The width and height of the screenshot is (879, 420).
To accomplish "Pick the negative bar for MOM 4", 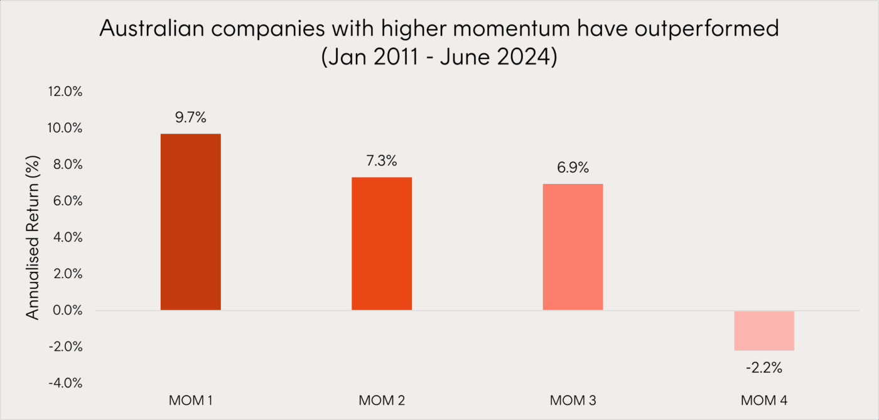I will click(x=763, y=330).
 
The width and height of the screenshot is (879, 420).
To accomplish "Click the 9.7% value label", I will click(x=190, y=117).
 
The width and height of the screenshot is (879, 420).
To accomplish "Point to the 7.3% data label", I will click(x=381, y=161).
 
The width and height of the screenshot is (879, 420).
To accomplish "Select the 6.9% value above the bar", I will click(x=573, y=168).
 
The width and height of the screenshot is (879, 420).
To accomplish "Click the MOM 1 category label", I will click(x=190, y=401).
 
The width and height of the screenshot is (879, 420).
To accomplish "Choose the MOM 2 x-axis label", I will click(x=381, y=401).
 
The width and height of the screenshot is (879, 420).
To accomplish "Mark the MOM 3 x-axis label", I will click(x=573, y=401).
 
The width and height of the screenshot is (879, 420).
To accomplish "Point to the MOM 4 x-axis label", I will click(x=763, y=401).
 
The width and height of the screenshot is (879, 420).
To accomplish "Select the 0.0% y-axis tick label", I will click(x=67, y=311).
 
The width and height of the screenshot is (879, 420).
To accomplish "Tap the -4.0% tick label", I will click(x=65, y=384).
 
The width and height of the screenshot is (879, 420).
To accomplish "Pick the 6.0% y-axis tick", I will click(x=67, y=201).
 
